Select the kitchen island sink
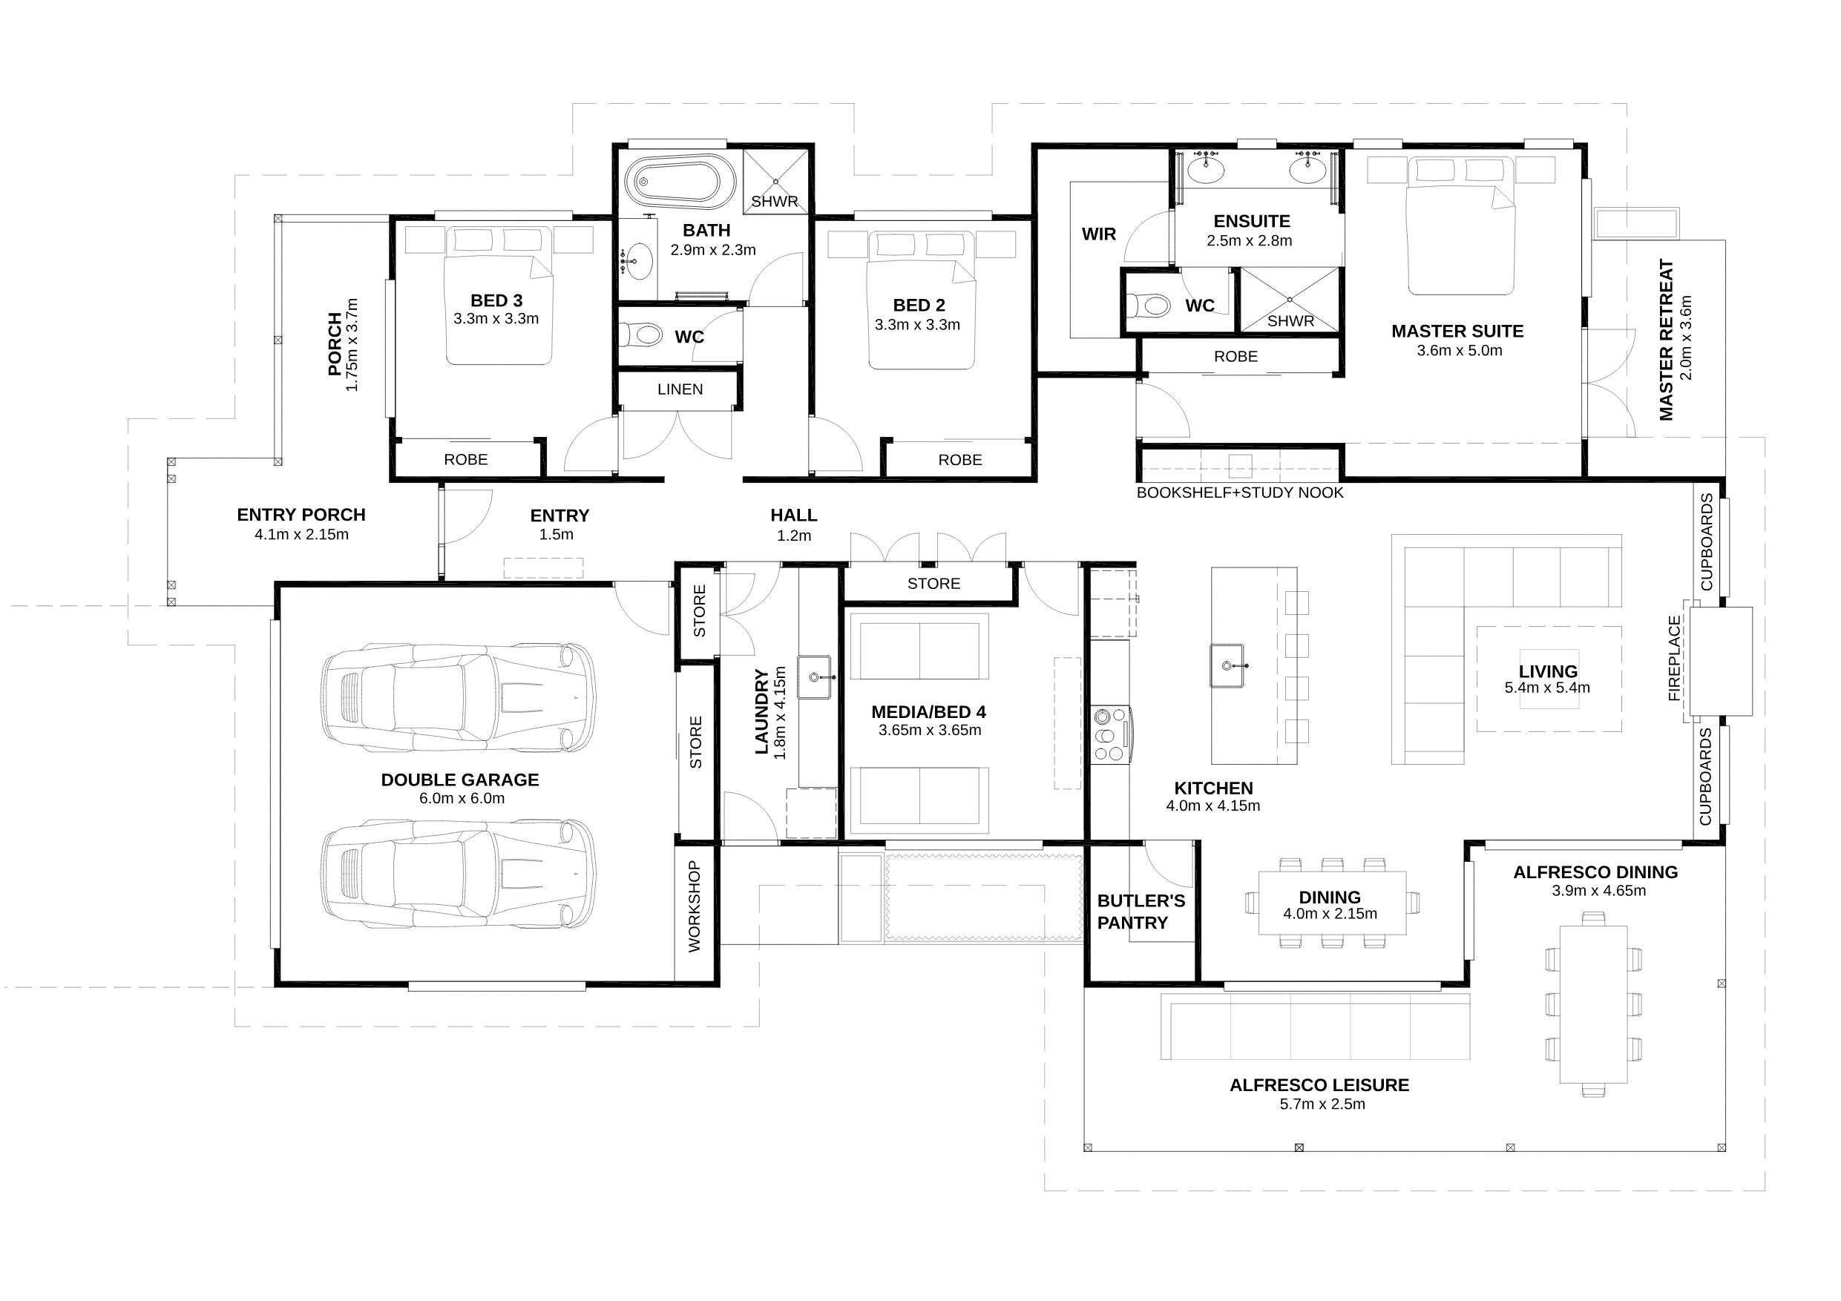coord(1227,665)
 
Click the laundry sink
coord(815,676)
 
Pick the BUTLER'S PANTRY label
coord(1141,912)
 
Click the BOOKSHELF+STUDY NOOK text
coord(1240,493)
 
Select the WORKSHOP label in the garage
coord(695,906)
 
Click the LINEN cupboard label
coord(680,389)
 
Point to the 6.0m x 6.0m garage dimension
coord(462,798)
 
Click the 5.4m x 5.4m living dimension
coord(1548,688)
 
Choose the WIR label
coord(1098,234)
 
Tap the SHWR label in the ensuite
coord(1291,321)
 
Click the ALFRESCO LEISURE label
coord(1319,1085)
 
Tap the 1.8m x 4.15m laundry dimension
coord(780,713)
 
